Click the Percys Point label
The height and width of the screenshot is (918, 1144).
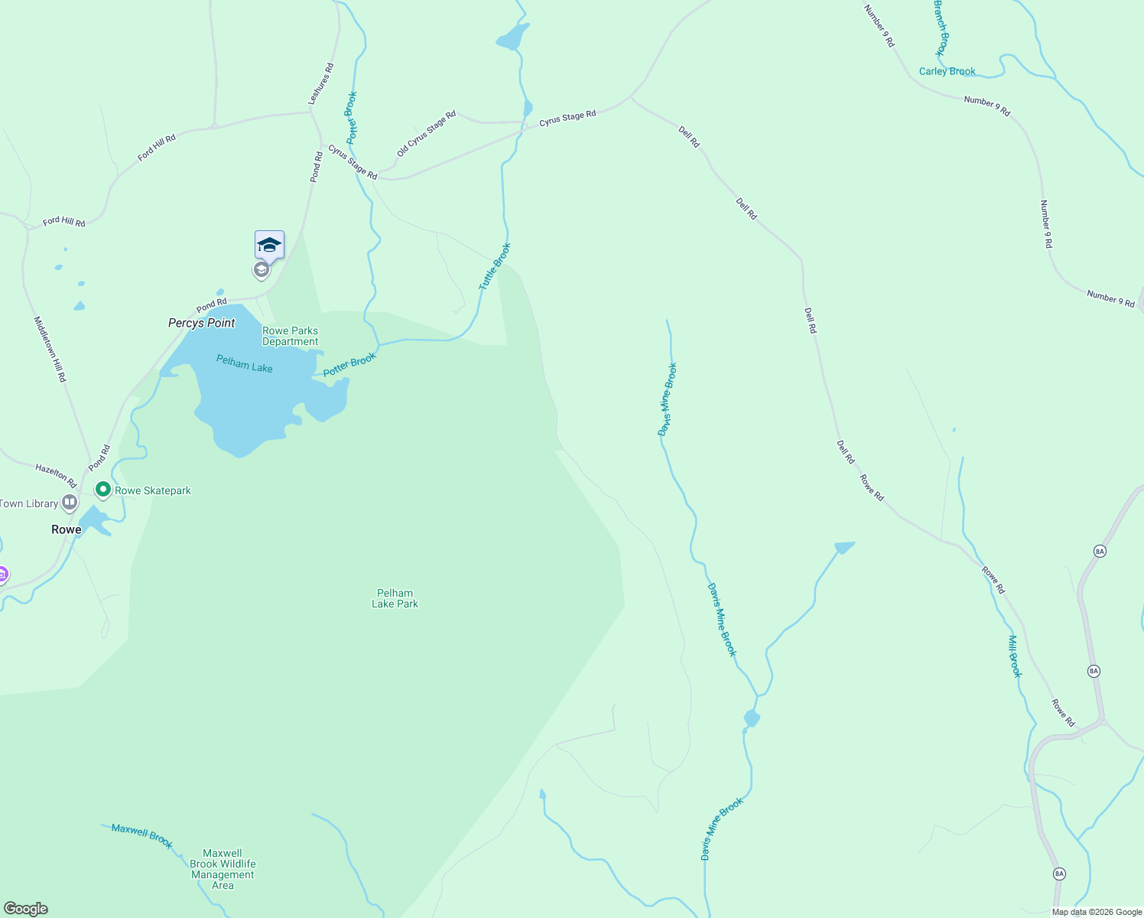[202, 323]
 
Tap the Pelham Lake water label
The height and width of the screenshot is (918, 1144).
[244, 363]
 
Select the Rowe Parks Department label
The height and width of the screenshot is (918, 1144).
[290, 337]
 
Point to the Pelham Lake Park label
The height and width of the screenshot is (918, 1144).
[395, 598]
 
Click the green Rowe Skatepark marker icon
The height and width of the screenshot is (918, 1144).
[102, 489]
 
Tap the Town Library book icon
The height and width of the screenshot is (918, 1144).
[70, 503]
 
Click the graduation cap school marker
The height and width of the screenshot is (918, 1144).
[269, 245]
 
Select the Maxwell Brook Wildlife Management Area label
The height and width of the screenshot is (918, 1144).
[223, 869]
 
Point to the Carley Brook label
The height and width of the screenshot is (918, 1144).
[947, 71]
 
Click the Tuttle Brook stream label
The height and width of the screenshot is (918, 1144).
[494, 266]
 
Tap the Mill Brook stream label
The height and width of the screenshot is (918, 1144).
[1014, 656]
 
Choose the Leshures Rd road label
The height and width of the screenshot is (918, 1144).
[321, 84]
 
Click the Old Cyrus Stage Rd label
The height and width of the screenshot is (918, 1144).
[426, 133]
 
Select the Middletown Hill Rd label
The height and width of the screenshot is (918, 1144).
[50, 349]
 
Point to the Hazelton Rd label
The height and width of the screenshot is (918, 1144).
[56, 475]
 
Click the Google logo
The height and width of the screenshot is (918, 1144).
[26, 909]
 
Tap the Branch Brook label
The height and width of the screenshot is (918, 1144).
[941, 28]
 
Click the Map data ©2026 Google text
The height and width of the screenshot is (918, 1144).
[1097, 912]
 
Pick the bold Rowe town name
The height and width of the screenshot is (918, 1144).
[66, 529]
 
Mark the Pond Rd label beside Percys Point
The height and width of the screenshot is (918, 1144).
[211, 306]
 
